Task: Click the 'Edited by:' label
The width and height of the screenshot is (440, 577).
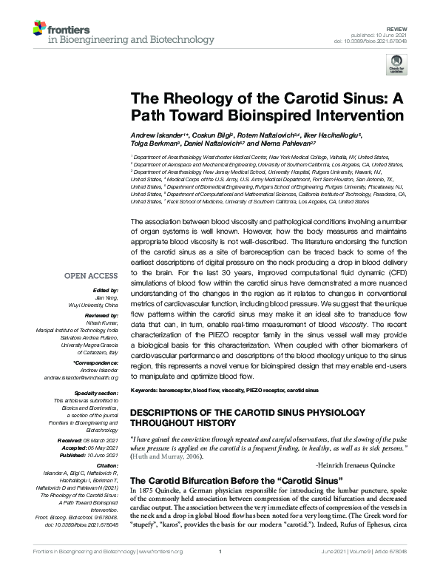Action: point(106,289)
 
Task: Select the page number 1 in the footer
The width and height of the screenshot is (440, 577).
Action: point(220,570)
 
